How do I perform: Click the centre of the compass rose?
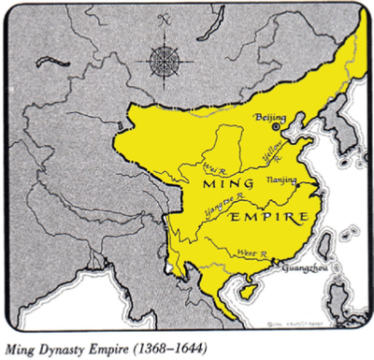point(165,65)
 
